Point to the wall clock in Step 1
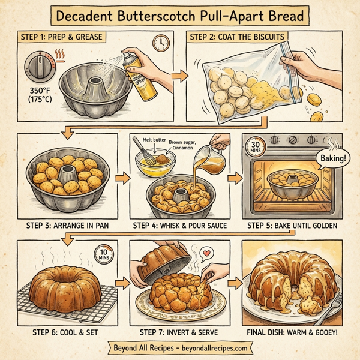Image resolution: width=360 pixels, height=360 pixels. coord(160,43)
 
